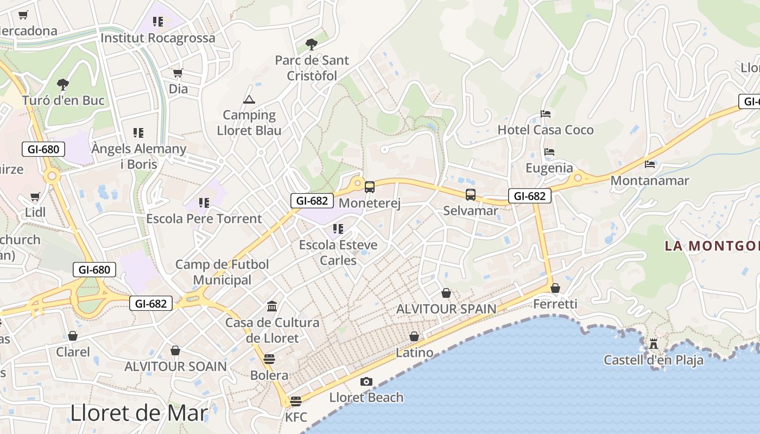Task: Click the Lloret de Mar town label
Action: [x=139, y=413]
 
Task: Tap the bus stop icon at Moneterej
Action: [x=370, y=187]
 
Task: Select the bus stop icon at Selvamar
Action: [x=471, y=195]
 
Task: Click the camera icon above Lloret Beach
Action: [x=366, y=382]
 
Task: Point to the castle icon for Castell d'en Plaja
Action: [x=654, y=344]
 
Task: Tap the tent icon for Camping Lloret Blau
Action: [x=249, y=99]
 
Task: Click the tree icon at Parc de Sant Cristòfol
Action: [x=312, y=44]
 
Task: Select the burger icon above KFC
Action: [x=296, y=401]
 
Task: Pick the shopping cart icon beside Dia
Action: [x=178, y=73]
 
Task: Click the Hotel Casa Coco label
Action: [x=546, y=130]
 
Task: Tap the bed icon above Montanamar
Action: [x=650, y=164]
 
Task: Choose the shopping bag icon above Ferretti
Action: [x=555, y=288]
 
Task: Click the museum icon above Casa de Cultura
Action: [x=272, y=307]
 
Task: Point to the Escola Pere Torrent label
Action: [x=204, y=219]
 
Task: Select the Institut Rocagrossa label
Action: [x=158, y=38]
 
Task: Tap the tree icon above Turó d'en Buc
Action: [x=63, y=84]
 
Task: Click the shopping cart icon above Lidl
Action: [x=35, y=196]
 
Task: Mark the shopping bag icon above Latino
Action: [x=414, y=337]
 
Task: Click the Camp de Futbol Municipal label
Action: [x=222, y=272]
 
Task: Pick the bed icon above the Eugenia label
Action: [x=549, y=152]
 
